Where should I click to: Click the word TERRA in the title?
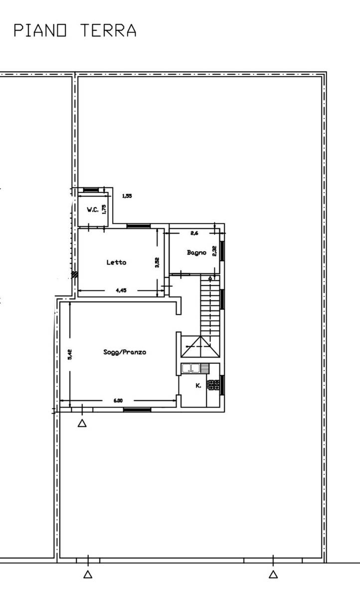click(x=108, y=30)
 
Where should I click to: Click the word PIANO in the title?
click(x=40, y=30)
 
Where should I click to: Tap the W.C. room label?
click(x=93, y=210)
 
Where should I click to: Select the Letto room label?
click(x=116, y=263)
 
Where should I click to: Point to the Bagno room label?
click(x=196, y=253)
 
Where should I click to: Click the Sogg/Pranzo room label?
click(x=125, y=352)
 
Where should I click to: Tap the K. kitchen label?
click(x=198, y=386)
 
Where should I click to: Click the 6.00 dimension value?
click(x=118, y=401)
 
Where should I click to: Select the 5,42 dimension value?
click(x=70, y=354)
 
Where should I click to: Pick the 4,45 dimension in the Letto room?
click(x=121, y=291)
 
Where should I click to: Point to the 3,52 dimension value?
click(x=157, y=262)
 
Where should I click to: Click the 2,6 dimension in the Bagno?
click(x=194, y=233)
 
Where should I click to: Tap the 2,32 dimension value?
click(x=214, y=251)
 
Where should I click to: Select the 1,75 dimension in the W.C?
click(x=104, y=209)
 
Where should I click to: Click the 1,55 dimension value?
click(x=127, y=196)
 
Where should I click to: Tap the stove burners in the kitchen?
click(x=213, y=385)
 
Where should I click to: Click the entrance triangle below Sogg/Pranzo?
click(x=82, y=423)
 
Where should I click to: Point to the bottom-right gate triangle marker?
click(x=273, y=574)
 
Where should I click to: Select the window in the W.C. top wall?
click(x=91, y=190)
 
